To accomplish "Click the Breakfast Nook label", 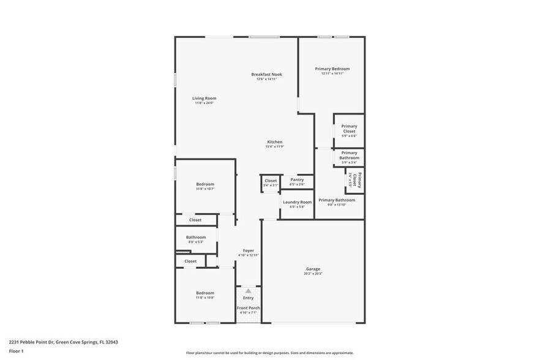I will (x=267, y=74).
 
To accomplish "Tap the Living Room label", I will (x=204, y=98).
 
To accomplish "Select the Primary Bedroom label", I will (x=332, y=69).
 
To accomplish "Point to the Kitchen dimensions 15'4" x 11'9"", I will (x=274, y=146).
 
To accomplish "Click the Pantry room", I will (x=297, y=181).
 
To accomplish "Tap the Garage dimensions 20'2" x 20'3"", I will (x=313, y=273).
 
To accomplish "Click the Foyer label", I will (x=248, y=250).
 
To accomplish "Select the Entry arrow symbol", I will (x=248, y=291).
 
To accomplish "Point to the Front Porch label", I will (x=248, y=307).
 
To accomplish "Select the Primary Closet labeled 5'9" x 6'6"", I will (x=349, y=130).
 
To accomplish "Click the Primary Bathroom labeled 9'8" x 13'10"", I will (x=337, y=201).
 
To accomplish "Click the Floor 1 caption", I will (x=16, y=351).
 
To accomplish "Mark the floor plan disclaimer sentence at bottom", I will (x=269, y=353).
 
